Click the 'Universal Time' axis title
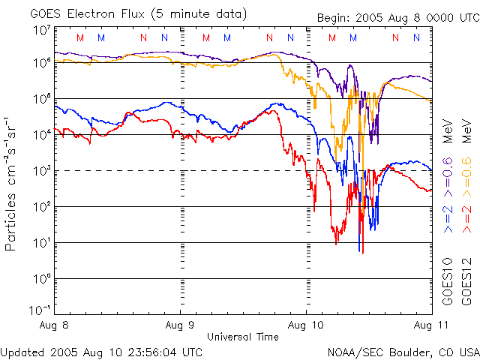[x=243, y=337]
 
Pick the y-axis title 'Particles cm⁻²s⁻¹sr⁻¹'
[x=12, y=183]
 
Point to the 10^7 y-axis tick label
[x=41, y=31]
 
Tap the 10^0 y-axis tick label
[x=41, y=279]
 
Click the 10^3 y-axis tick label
[x=41, y=171]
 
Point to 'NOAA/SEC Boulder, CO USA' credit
[x=403, y=351]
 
